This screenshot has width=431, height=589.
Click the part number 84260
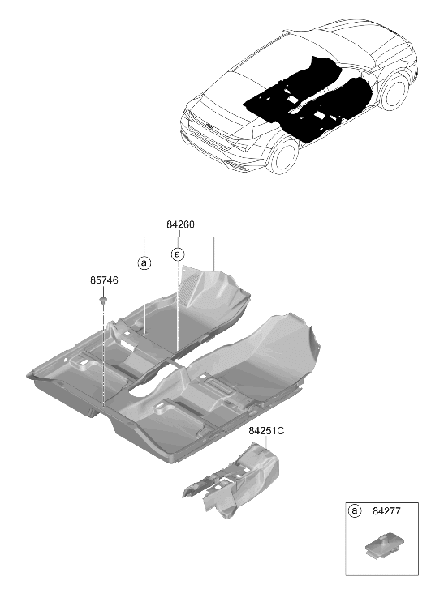[180, 224]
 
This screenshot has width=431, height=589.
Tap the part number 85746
[104, 280]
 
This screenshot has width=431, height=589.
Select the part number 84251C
[266, 431]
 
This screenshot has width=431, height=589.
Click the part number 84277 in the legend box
[386, 511]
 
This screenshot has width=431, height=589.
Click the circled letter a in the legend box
[354, 511]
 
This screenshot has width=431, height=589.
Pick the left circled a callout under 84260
[144, 263]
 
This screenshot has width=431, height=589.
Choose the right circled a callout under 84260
[178, 254]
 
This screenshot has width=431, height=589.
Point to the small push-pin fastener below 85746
[103, 301]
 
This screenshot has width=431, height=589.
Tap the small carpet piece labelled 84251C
[234, 480]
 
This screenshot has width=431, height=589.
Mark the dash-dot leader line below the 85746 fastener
[103, 356]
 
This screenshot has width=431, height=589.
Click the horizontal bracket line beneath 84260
[179, 237]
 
